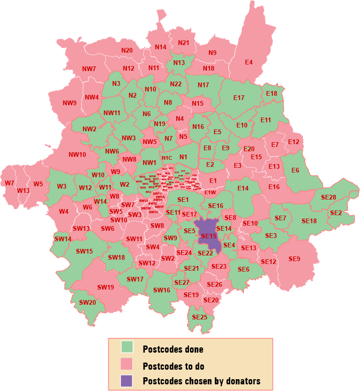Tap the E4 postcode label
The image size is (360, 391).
point(249,62)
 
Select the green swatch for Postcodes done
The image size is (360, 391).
point(127,347)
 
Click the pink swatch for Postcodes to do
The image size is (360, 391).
point(127,364)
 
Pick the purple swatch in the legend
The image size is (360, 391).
point(127,380)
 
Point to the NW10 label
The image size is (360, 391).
point(77,154)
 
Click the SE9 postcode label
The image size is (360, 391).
point(294,259)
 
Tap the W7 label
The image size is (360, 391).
point(9,183)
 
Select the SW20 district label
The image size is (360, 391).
point(88,302)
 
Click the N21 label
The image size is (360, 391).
point(184,43)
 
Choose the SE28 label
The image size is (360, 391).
point(328,197)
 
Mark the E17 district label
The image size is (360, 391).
point(239,98)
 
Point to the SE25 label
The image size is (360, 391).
point(200,317)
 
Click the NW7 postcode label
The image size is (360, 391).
point(89,69)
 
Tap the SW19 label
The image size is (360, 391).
point(106,287)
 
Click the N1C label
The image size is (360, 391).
point(166,158)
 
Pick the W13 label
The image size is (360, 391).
point(23,191)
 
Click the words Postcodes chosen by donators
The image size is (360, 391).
point(201,381)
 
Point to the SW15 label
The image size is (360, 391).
point(85,251)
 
